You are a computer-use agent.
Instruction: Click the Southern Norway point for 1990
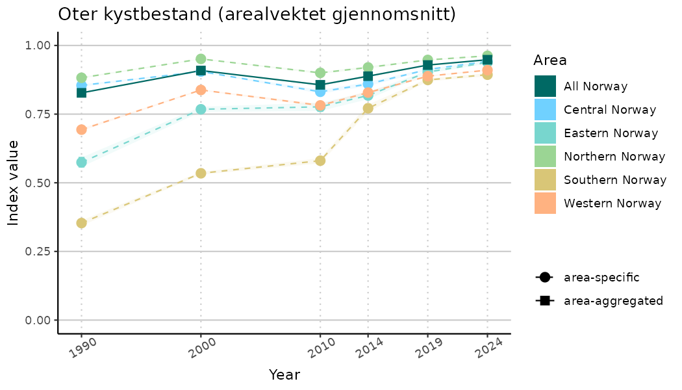coord(81,223)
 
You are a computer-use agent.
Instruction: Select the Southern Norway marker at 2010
coord(320,161)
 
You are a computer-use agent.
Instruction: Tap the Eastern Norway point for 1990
coord(81,162)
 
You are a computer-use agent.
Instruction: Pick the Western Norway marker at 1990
coord(81,129)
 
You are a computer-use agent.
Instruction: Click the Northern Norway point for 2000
coord(201,59)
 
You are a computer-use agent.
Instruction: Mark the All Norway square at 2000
coord(201,70)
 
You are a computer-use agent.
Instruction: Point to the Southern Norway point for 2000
coord(201,173)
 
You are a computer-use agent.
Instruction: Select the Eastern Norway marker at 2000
coord(201,109)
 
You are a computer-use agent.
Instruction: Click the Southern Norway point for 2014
coord(368,109)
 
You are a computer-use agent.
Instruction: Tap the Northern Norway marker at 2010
coord(320,73)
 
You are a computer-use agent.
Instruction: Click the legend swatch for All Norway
coord(545,86)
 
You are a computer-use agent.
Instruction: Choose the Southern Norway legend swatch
coord(545,180)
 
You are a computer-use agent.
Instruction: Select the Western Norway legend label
coord(613,203)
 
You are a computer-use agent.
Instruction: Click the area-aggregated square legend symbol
coord(544,301)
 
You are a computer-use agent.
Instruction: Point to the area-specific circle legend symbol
coord(544,278)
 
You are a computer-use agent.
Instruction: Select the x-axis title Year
coord(284,375)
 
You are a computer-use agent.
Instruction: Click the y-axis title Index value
coord(14,183)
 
